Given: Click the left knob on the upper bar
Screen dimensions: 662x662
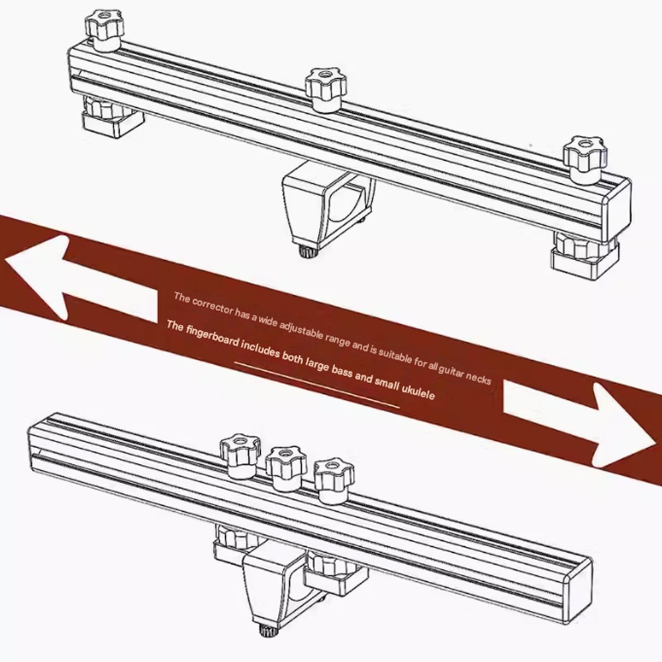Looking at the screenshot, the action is pyautogui.click(x=105, y=31).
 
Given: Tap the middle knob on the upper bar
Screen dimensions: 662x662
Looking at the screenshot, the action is pyautogui.click(x=326, y=89).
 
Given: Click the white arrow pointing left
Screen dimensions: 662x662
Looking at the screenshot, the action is pyautogui.click(x=80, y=279).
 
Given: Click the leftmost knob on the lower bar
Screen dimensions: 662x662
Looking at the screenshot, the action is pyautogui.click(x=238, y=455).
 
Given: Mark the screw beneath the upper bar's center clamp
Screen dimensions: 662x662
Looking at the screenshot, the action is pyautogui.click(x=307, y=250).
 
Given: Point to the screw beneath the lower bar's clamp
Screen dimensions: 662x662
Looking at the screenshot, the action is pyautogui.click(x=269, y=630).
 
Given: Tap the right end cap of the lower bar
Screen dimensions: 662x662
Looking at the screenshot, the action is pyautogui.click(x=578, y=587).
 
